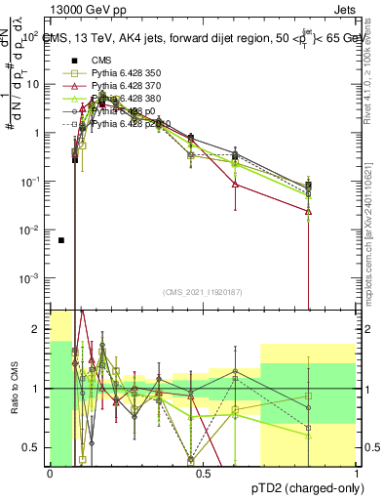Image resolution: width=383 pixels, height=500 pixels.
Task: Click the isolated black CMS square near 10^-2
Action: (61, 240)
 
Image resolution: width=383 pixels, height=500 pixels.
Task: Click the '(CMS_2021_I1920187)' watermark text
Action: (203, 292)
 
